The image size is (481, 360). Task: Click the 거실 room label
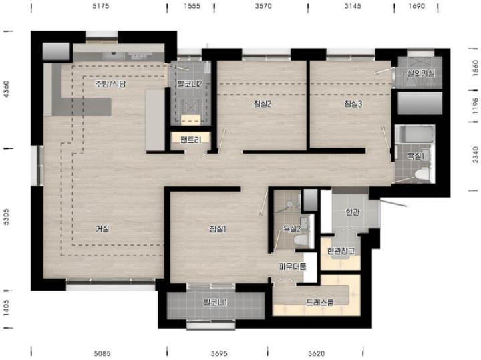(x=102, y=228)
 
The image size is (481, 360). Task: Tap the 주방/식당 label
(x=110, y=83)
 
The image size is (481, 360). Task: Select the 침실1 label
(x=218, y=228)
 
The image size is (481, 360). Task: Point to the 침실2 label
(x=263, y=104)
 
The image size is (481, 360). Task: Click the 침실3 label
(x=353, y=104)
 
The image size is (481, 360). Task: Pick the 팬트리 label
(x=191, y=140)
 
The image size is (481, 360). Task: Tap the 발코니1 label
(x=215, y=303)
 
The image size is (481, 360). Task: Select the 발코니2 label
(x=190, y=83)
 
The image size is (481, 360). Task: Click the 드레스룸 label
(x=319, y=302)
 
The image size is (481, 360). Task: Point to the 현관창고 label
(x=341, y=251)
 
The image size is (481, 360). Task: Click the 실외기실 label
(x=421, y=73)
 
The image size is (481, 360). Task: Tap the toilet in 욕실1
(x=422, y=174)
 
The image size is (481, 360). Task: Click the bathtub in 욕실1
(x=415, y=134)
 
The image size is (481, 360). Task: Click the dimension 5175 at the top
(x=101, y=6)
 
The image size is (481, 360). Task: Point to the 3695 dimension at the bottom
(x=219, y=353)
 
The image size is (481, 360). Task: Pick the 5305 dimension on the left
(x=6, y=217)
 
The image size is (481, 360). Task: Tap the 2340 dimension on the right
(x=475, y=155)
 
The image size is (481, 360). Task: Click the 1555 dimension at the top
(x=192, y=6)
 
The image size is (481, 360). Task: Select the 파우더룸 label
(x=293, y=266)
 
